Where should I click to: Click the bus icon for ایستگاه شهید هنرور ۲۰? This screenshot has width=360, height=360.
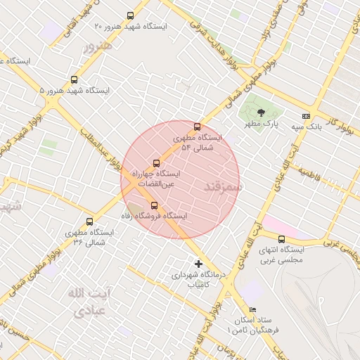[130, 15]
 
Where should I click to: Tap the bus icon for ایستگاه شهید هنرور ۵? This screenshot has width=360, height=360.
[74, 79]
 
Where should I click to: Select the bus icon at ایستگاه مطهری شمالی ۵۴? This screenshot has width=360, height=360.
[197, 127]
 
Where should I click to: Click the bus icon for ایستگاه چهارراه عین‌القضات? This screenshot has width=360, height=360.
[156, 163]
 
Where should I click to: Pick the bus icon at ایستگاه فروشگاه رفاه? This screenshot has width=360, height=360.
[154, 205]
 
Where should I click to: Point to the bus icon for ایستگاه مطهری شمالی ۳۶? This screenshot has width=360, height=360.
[89, 221]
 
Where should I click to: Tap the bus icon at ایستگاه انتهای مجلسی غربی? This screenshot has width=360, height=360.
[281, 239]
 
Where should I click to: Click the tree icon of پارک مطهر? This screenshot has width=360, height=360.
[262, 112]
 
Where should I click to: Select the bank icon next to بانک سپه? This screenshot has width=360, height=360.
[305, 116]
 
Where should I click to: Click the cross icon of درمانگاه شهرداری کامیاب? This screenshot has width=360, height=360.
[198, 264]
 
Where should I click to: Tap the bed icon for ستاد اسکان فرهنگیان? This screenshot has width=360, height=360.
[253, 310]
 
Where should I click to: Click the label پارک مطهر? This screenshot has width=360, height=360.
[266, 124]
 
